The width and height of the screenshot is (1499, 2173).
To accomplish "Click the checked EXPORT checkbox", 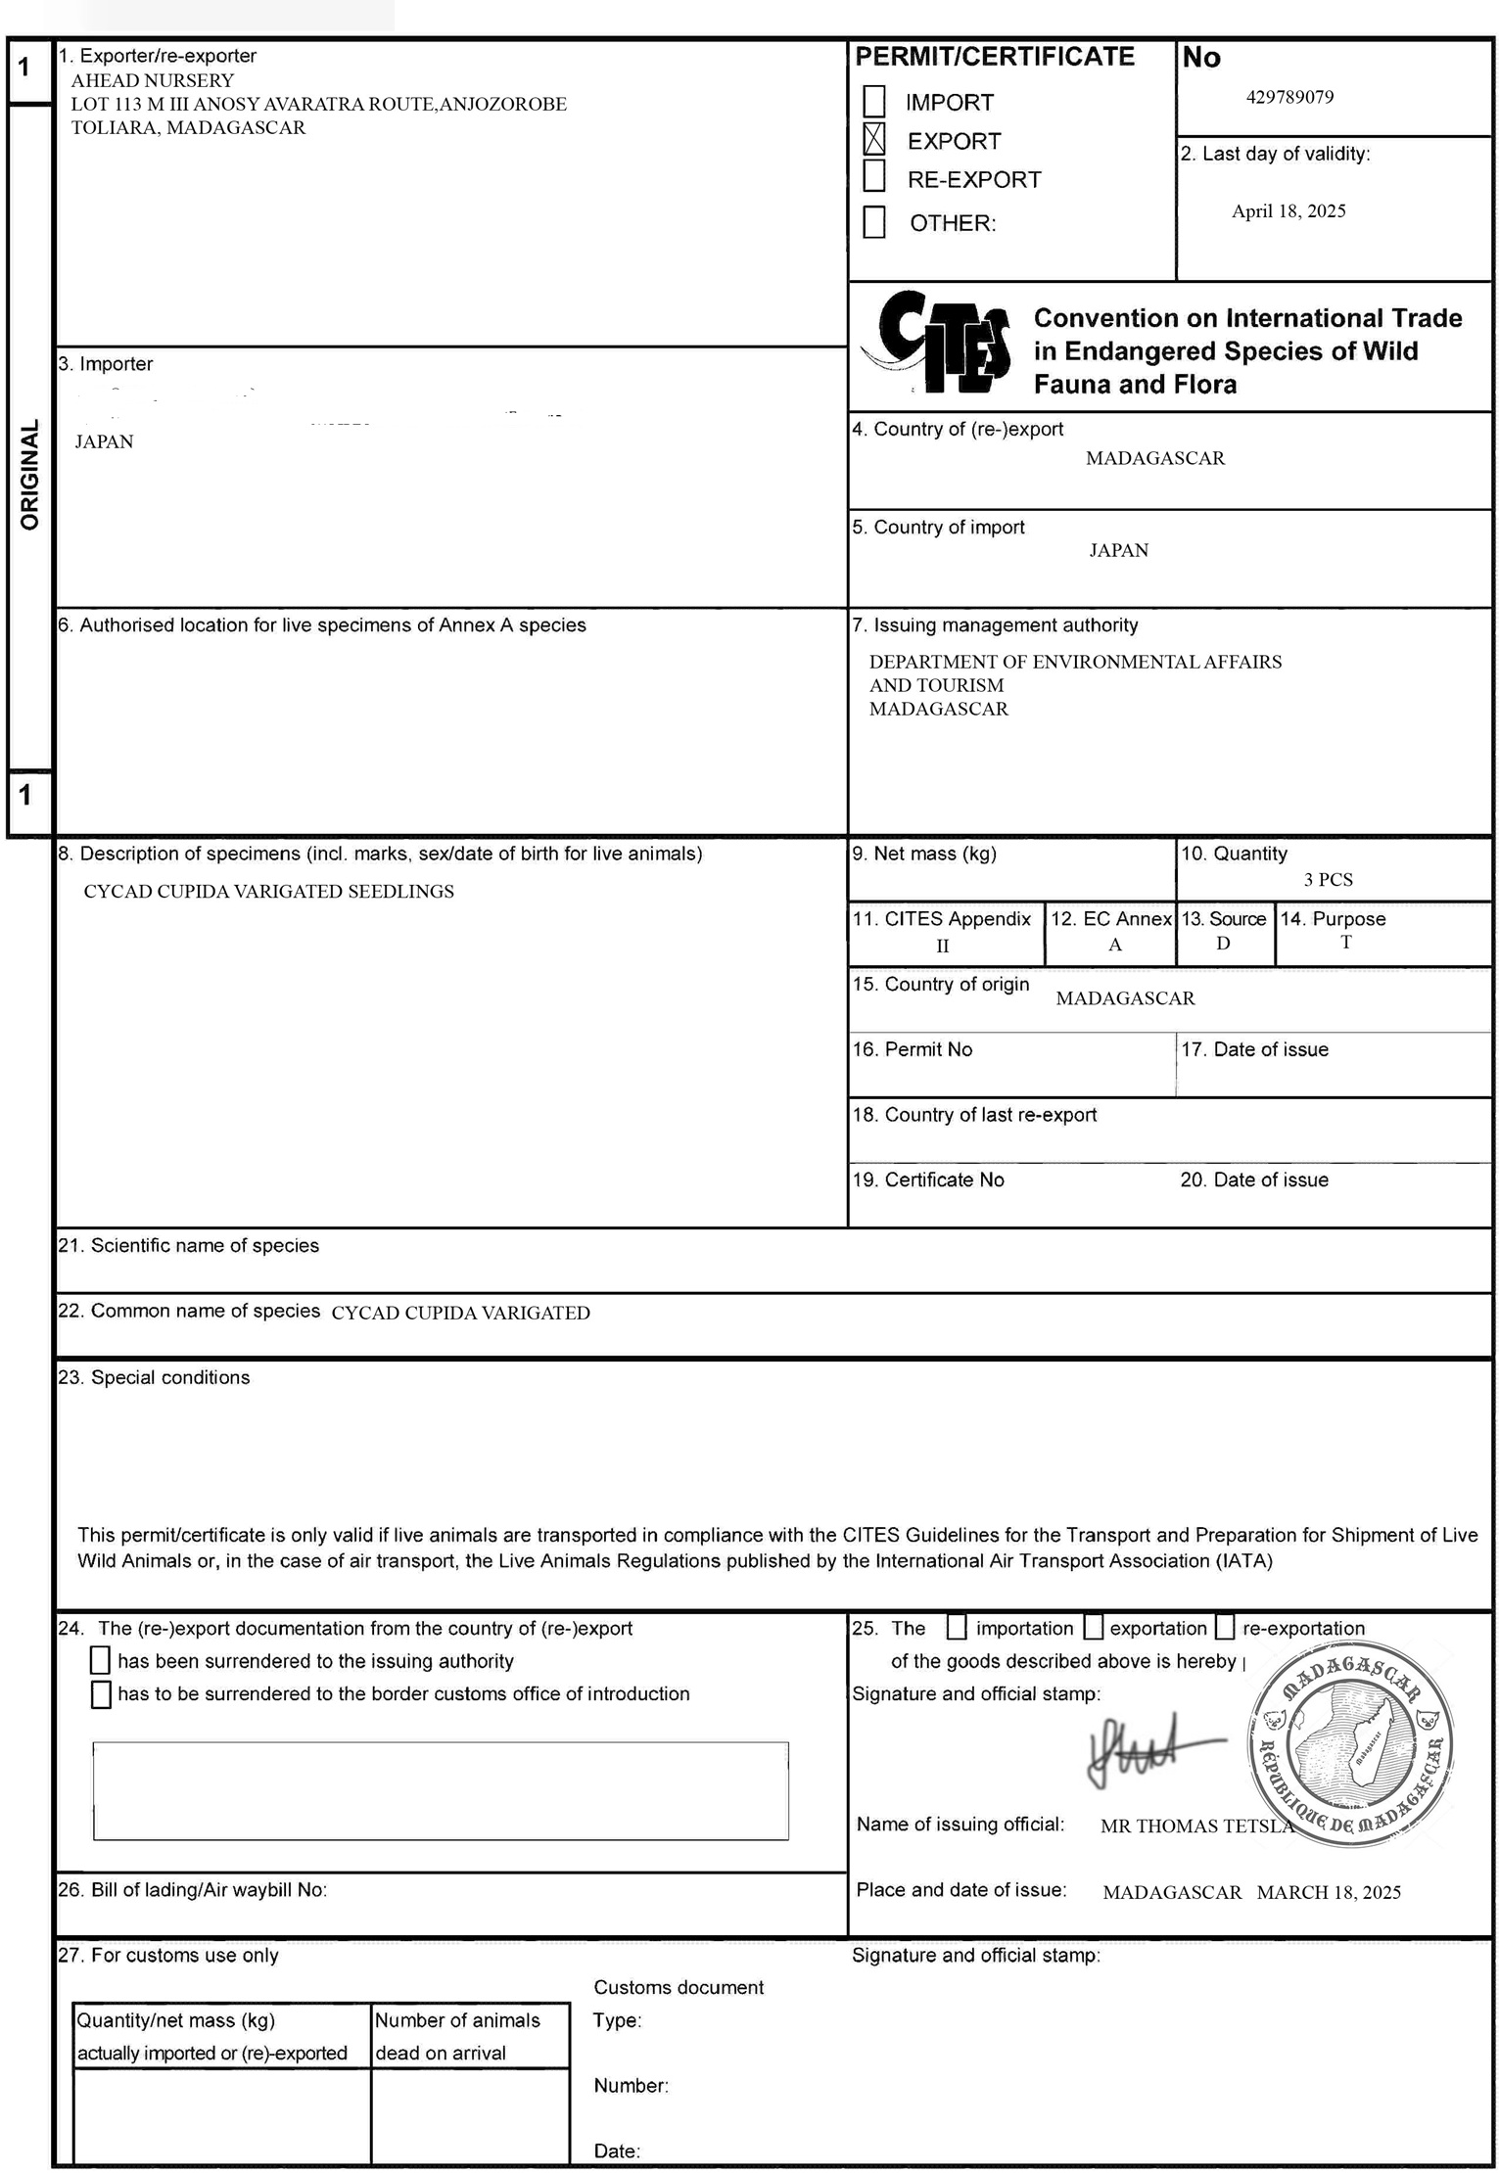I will tap(873, 139).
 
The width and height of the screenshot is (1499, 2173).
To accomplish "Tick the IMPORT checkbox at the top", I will tap(873, 101).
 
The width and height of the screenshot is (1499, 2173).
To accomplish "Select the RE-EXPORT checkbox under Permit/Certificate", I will tap(873, 176).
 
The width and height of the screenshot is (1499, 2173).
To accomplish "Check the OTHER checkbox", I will tap(873, 221).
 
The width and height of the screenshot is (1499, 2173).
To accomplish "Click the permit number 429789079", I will tap(1289, 97).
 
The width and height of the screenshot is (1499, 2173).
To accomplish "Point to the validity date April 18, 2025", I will tap(1288, 211).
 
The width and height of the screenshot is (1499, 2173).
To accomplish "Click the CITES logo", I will tap(936, 343).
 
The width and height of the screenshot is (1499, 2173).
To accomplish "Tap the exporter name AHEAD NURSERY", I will tap(153, 80).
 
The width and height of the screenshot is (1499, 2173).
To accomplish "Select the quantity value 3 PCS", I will tap(1328, 879).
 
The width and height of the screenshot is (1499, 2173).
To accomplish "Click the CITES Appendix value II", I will tap(942, 946).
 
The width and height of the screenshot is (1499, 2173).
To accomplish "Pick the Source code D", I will tap(1223, 944).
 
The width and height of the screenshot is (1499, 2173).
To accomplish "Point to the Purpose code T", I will tap(1346, 942).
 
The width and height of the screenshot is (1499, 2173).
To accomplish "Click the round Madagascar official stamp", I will tap(1350, 1746).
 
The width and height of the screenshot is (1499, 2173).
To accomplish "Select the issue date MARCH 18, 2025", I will tap(1329, 1892).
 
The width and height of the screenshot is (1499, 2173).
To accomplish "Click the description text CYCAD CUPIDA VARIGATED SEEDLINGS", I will tap(268, 892).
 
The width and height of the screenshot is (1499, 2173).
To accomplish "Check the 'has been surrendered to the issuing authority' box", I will tap(100, 1660).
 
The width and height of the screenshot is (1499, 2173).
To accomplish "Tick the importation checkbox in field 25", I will tap(957, 1627).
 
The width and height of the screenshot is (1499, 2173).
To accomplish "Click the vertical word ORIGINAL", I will tap(29, 475).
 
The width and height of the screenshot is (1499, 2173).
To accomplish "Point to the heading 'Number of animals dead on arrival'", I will tap(457, 2036).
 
